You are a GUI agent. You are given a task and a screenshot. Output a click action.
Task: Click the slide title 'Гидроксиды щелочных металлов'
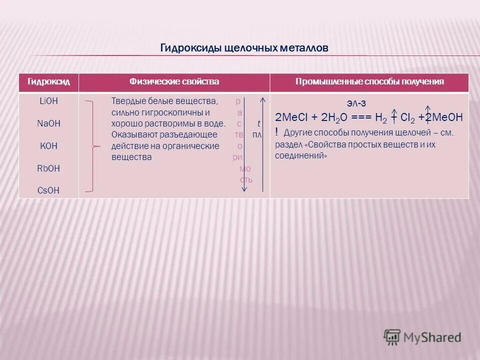[244, 48]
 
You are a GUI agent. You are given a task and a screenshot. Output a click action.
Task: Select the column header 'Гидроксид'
[48, 81]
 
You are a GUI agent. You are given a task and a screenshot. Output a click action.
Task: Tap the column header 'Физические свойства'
[174, 81]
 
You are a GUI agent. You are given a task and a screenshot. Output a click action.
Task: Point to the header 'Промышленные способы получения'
[369, 81]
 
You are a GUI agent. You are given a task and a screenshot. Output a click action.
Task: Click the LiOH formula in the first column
[48, 100]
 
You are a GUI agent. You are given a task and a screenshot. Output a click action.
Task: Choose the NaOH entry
[48, 123]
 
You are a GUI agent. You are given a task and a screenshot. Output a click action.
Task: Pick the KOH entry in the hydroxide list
[48, 146]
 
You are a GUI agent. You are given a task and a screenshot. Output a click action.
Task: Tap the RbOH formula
[48, 168]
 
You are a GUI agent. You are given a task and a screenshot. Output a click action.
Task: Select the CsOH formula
[48, 190]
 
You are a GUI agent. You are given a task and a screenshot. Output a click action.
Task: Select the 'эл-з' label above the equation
[356, 103]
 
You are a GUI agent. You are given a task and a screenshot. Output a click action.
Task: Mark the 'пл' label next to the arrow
[257, 134]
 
